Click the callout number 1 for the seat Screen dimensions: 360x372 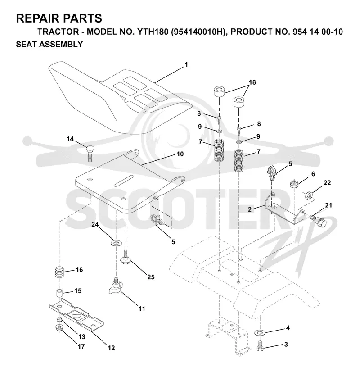point(186,64)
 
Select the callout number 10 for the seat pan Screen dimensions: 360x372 point(180,154)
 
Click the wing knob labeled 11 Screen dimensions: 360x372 point(115,286)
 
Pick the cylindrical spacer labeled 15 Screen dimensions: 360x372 point(59,293)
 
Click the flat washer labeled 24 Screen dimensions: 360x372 point(117,243)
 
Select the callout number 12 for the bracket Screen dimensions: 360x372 point(111,348)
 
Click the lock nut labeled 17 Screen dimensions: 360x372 point(58,328)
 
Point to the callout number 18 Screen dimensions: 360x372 point(252,82)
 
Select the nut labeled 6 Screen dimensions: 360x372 point(294,184)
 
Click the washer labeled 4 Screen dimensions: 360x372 point(260,332)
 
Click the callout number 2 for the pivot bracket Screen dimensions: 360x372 point(250,209)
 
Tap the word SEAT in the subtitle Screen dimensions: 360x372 point(25,45)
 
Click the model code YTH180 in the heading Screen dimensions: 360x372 point(151,32)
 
